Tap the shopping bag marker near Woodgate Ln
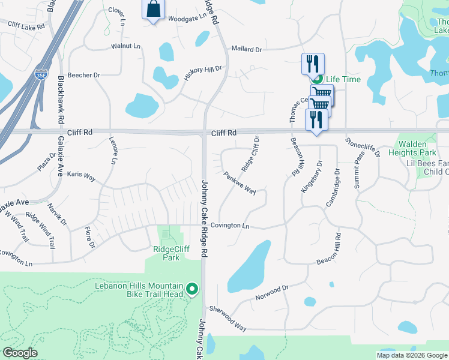point(153,10)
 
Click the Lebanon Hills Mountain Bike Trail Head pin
point(192,290)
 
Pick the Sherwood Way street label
point(228,318)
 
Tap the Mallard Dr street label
point(246,50)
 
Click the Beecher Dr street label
point(84,75)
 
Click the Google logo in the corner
point(20,353)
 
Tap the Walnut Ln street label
point(125,46)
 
